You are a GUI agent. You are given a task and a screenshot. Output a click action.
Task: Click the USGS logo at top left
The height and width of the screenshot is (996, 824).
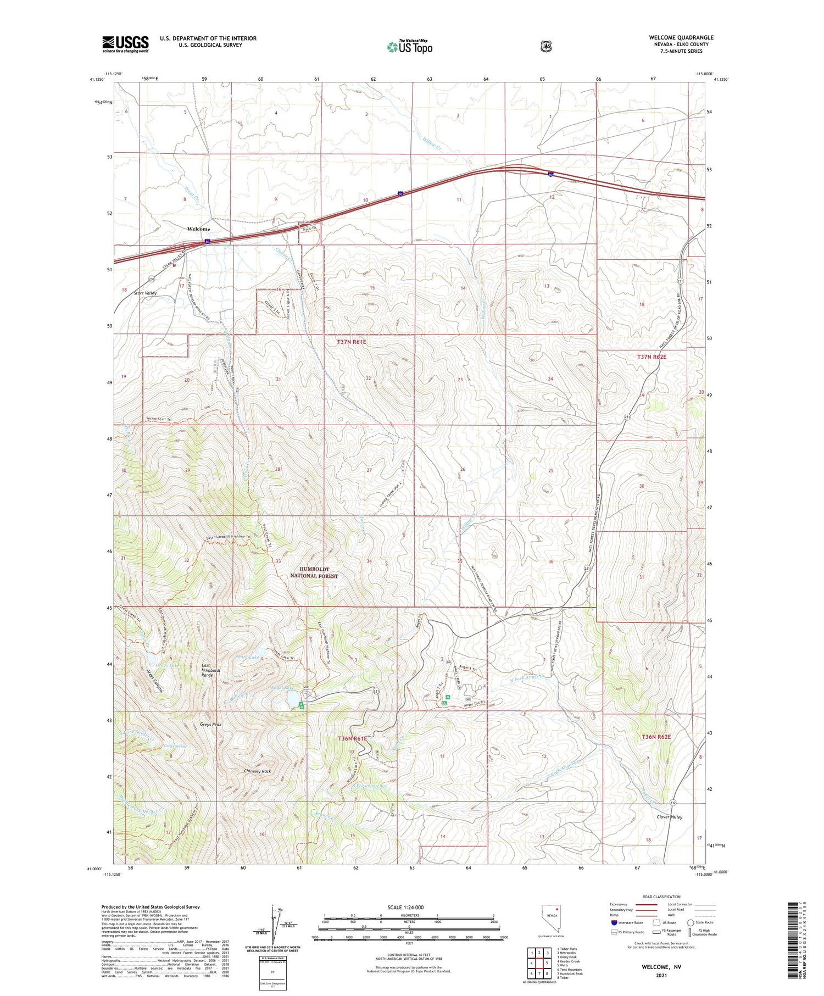(125, 44)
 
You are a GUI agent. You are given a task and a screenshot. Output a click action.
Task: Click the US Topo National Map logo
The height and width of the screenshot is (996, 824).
(410, 46)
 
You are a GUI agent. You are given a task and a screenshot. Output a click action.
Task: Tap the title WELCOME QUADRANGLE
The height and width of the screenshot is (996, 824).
(681, 37)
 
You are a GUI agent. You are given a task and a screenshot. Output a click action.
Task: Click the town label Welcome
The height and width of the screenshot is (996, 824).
(198, 229)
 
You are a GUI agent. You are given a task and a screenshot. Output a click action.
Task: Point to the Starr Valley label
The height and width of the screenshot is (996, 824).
(146, 293)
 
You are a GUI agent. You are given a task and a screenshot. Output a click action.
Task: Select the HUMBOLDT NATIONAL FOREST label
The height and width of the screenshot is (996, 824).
(314, 572)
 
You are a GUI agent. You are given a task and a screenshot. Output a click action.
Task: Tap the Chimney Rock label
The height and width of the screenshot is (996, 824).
(257, 771)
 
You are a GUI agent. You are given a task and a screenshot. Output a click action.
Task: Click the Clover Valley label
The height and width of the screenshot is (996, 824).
(669, 817)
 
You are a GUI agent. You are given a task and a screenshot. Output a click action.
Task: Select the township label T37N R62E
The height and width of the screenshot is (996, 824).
(652, 357)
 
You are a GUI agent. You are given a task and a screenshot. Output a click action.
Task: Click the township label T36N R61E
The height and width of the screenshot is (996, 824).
(352, 739)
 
